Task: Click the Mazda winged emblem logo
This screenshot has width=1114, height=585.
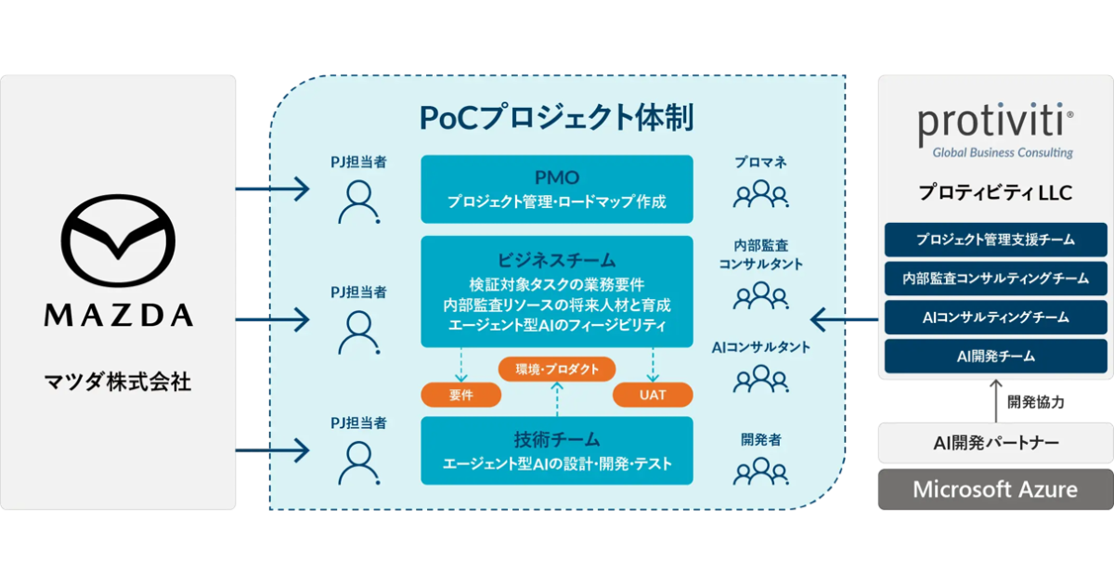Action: tap(118, 243)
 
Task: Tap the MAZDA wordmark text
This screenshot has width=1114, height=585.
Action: tap(118, 316)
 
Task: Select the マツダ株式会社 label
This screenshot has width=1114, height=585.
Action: tap(118, 381)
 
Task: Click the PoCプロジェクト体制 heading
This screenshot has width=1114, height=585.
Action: tap(557, 117)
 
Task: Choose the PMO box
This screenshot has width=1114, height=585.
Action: tap(557, 188)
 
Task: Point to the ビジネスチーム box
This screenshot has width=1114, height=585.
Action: tap(557, 292)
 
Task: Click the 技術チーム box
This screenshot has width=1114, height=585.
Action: tap(557, 450)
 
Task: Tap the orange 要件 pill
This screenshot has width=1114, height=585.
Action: tap(461, 395)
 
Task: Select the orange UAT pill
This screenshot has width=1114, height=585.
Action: tap(653, 395)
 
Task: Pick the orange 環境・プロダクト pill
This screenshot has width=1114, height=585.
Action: tap(557, 369)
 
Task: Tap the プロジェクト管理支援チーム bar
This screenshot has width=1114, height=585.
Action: tap(995, 240)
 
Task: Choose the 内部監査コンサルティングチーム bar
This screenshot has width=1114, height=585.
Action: tap(995, 279)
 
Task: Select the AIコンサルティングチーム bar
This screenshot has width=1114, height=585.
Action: tap(995, 317)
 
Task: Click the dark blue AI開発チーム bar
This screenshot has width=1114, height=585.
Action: tap(995, 356)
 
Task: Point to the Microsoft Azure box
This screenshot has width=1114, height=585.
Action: tap(995, 489)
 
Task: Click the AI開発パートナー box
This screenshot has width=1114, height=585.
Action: tap(995, 443)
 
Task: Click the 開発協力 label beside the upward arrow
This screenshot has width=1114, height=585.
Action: tap(1035, 403)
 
